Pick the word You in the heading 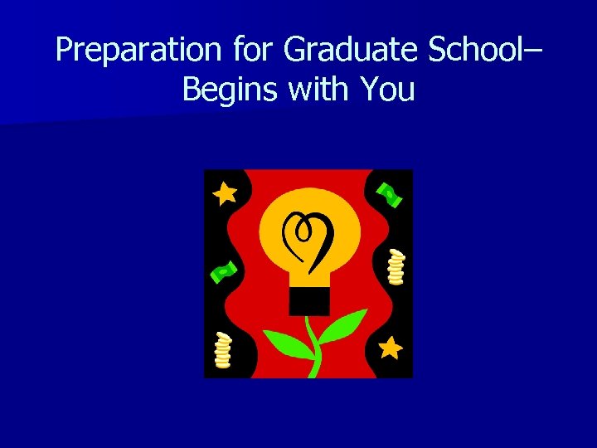(387, 88)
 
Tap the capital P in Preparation (64, 51)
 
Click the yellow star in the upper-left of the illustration (225, 194)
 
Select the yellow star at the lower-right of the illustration (390, 348)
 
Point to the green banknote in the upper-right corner (388, 195)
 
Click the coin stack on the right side (396, 267)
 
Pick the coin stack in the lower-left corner (222, 349)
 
